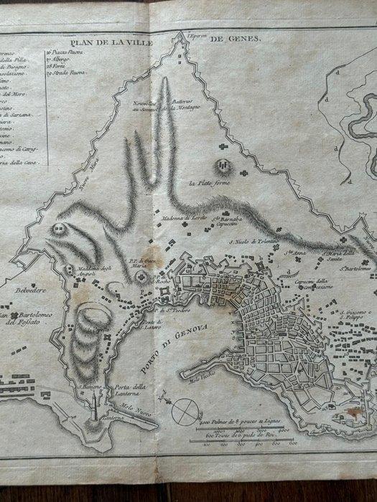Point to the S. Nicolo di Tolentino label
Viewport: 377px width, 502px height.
tap(246, 245)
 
